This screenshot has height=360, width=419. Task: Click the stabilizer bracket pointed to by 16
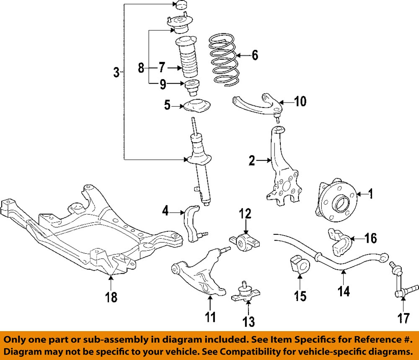coord(339,241)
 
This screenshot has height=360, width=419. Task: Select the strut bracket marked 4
coord(192,224)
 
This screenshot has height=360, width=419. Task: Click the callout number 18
coord(111,297)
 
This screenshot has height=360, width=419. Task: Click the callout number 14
coord(344,291)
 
